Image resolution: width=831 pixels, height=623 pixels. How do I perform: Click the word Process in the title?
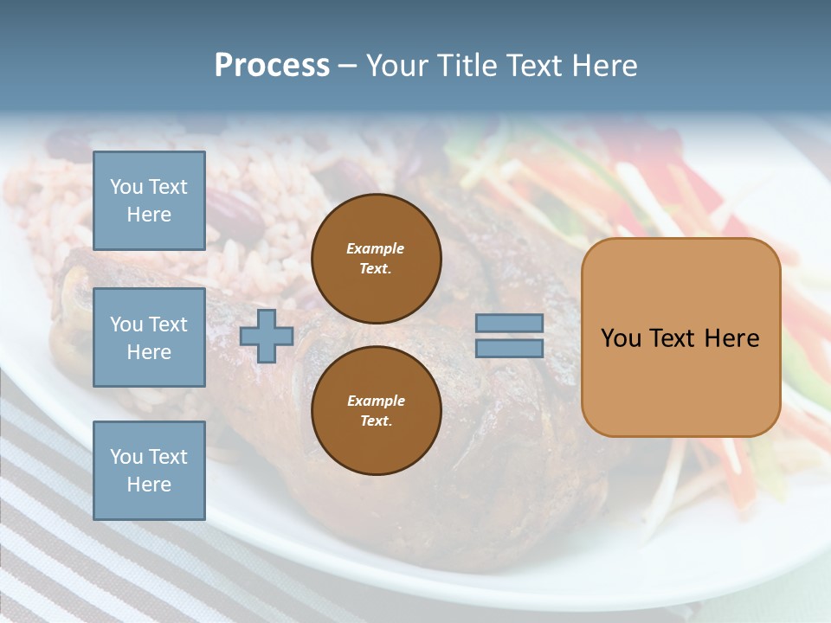(x=272, y=66)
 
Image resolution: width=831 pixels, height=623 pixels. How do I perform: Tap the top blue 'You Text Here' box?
(x=149, y=201)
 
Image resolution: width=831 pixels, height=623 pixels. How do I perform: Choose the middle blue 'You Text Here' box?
(x=149, y=337)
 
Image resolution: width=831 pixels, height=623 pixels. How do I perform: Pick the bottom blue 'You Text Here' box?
(x=149, y=470)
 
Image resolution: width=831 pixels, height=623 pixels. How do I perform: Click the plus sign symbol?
(x=267, y=337)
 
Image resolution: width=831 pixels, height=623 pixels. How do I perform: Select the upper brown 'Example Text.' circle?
(x=376, y=259)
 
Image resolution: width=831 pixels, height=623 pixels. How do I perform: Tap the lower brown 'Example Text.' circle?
(x=376, y=411)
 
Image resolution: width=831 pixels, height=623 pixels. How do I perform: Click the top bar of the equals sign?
(x=509, y=324)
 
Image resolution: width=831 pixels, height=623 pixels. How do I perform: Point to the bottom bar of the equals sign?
(x=509, y=348)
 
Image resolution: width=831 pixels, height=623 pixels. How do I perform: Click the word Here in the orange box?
(x=731, y=338)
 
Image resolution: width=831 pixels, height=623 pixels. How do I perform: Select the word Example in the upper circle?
(x=376, y=248)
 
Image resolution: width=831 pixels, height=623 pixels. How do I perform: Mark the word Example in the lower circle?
(x=376, y=401)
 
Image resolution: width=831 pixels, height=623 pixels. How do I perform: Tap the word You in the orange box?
(x=621, y=338)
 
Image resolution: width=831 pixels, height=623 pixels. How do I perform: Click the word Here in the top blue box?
(x=149, y=215)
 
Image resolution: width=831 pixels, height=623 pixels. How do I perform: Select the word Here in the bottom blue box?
(x=149, y=485)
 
